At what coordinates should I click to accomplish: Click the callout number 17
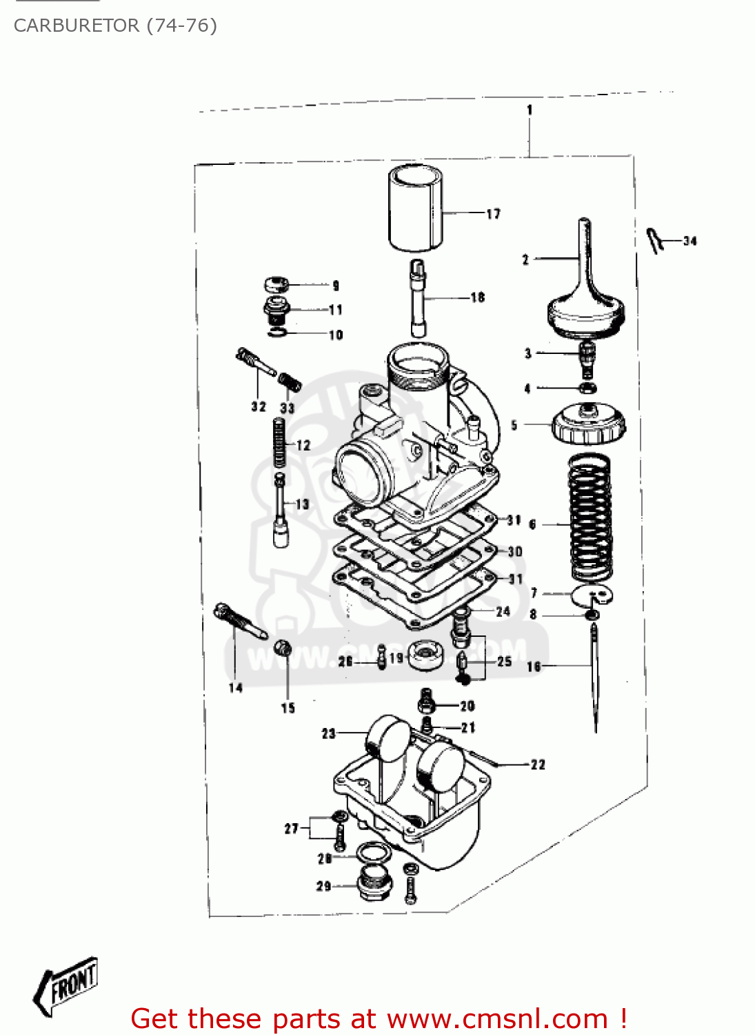coord(493,214)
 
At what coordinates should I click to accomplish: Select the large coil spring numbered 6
coord(590,517)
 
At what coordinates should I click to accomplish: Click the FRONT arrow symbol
coord(67,985)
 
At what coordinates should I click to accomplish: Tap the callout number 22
coord(538,765)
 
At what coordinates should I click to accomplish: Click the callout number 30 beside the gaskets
coord(515,551)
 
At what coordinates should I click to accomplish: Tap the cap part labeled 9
coord(276,284)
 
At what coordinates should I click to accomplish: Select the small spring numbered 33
coord(290,382)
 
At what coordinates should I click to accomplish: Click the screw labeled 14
coord(239,620)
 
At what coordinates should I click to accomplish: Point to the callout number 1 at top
coord(530,109)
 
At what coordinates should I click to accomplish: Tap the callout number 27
coord(292,828)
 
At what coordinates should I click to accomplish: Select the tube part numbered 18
coord(419,298)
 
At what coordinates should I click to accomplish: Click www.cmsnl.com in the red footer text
coord(497,1019)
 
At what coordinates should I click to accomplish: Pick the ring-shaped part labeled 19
coord(425,655)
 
